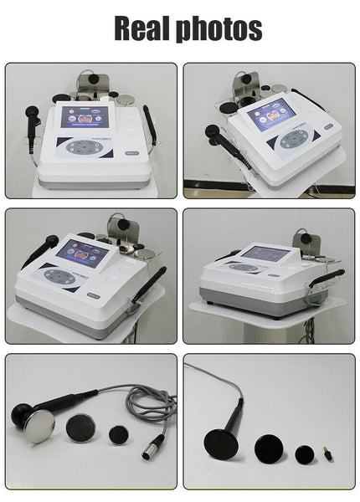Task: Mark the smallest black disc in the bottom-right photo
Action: [x=303, y=453]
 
